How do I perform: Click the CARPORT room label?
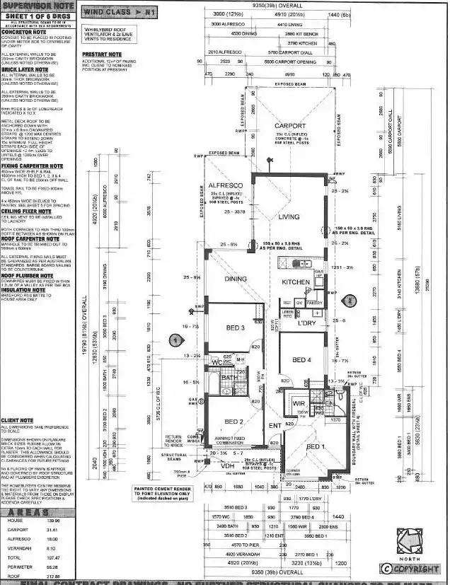point(290,126)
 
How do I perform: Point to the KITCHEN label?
point(296,282)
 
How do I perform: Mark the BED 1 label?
point(315,448)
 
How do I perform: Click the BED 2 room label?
point(234,422)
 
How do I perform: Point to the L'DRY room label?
point(306,323)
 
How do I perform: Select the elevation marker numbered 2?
point(349,300)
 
